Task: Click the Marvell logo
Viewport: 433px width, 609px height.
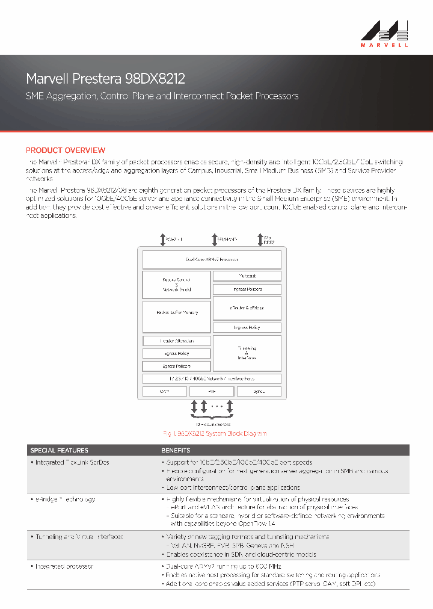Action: point(385,33)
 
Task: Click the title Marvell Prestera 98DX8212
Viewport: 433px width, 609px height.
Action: point(105,79)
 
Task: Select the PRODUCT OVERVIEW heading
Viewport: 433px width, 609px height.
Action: point(66,150)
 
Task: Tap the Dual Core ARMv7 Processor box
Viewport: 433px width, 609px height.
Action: point(212,259)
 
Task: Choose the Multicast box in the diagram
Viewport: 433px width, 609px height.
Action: point(247,276)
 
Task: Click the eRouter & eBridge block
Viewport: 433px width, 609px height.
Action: point(247,308)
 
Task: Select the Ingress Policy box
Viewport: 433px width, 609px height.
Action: point(247,327)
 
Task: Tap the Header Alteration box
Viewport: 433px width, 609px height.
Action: point(177,341)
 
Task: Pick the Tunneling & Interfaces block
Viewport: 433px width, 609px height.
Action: point(247,353)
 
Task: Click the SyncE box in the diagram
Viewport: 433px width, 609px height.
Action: point(259,391)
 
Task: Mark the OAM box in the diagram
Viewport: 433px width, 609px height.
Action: point(164,391)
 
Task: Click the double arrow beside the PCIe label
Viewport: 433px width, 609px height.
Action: point(162,240)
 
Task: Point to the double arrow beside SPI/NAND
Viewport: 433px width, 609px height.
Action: point(215,240)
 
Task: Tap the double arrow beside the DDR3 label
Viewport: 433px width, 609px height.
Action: point(260,240)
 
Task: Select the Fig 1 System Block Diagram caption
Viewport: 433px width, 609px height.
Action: point(215,433)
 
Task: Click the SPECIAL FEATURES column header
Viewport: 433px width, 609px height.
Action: point(59,450)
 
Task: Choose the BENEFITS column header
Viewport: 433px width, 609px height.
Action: point(176,450)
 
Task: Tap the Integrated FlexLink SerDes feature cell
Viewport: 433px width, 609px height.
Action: point(72,462)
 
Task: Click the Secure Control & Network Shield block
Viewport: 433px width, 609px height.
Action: point(177,285)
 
